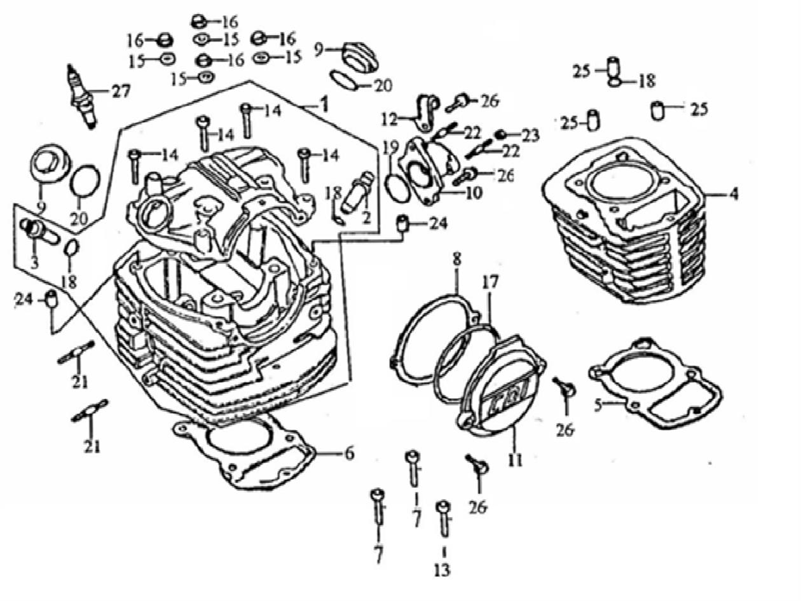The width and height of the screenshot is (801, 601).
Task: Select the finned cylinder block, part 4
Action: [626, 223]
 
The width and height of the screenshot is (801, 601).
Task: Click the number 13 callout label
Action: [442, 570]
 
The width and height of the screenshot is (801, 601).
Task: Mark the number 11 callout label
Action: [515, 459]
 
